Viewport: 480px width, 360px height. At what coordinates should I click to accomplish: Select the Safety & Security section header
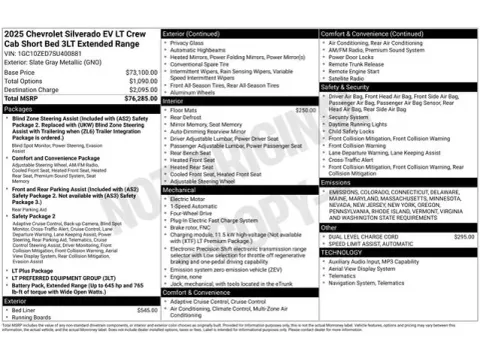click(347, 87)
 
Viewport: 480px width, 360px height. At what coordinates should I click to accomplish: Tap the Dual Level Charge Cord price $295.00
click(463, 236)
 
